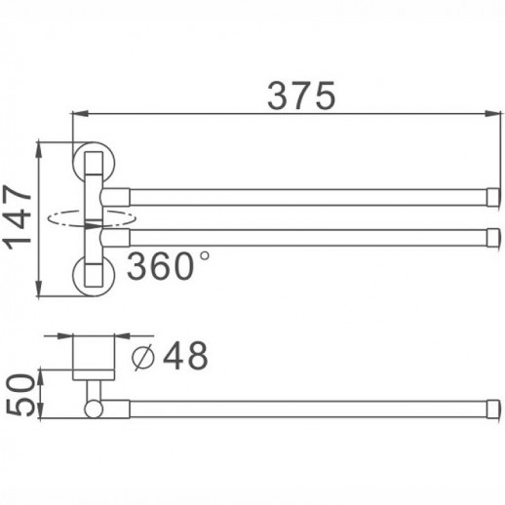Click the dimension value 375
[301, 95]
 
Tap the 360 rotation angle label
[160, 265]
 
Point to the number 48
[184, 357]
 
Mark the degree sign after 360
[203, 255]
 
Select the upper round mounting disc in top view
[95, 161]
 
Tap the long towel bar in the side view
[292, 408]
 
